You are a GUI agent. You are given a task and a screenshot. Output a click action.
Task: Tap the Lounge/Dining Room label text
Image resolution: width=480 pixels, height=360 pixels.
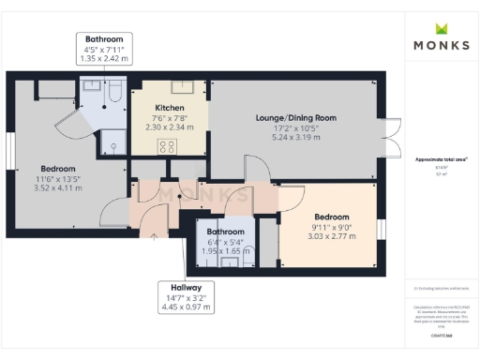[x=295, y=117]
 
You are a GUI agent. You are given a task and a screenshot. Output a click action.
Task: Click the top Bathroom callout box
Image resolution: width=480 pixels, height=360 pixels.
[x=104, y=50]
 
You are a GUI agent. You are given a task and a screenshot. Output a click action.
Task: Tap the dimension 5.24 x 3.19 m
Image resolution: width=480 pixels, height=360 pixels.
[x=295, y=137]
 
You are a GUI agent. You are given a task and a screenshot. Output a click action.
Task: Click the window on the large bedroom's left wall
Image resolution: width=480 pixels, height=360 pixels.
[x=10, y=150]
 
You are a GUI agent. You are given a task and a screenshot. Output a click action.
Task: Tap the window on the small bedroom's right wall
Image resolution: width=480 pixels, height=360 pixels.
[x=381, y=231]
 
